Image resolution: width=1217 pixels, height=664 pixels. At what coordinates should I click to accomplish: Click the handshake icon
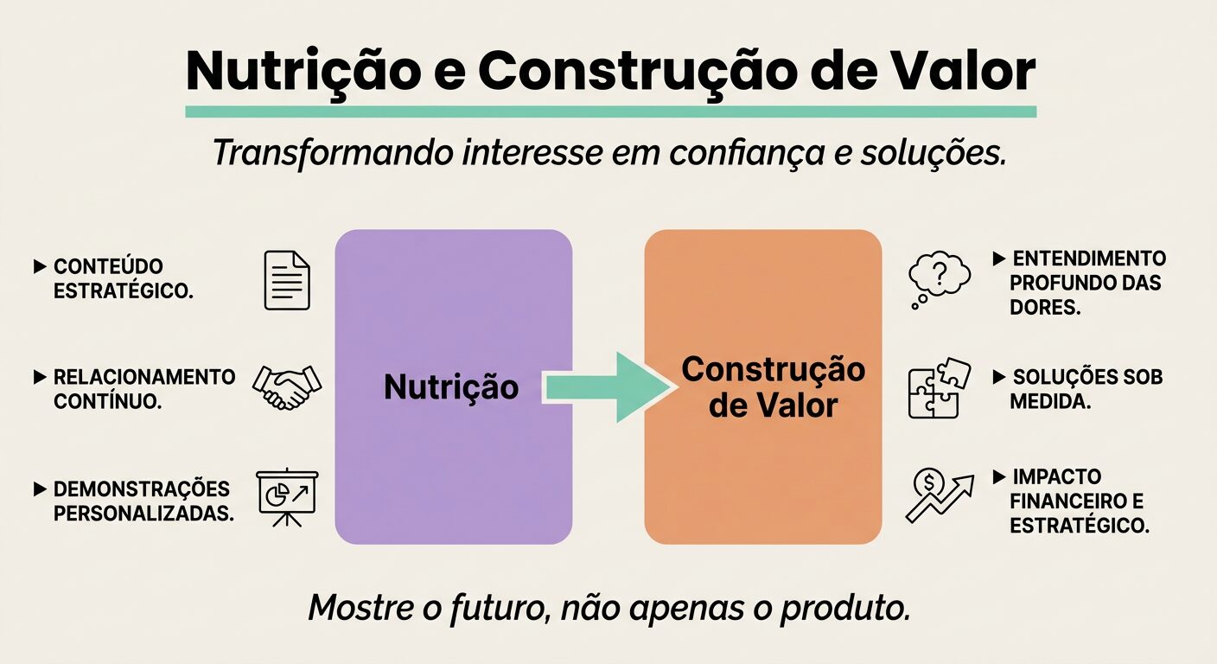(286, 386)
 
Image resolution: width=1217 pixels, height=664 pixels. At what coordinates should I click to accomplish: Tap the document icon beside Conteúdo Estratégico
(286, 280)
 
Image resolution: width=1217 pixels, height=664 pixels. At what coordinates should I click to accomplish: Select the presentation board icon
(288, 498)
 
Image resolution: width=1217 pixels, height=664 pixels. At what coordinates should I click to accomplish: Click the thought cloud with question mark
(938, 278)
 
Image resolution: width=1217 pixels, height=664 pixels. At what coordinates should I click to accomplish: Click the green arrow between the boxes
(608, 387)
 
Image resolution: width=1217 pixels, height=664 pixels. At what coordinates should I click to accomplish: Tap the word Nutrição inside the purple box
(451, 386)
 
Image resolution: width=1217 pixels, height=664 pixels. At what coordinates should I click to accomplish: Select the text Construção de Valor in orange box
(773, 386)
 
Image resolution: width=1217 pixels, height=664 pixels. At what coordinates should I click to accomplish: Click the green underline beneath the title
(610, 112)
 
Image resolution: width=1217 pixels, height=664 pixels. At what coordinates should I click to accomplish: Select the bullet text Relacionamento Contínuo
(143, 389)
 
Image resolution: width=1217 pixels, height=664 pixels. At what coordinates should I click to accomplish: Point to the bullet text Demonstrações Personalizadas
(143, 501)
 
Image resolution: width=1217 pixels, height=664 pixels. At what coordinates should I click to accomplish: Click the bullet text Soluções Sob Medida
(1086, 389)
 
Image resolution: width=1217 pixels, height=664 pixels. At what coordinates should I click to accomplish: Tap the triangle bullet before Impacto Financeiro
(998, 477)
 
